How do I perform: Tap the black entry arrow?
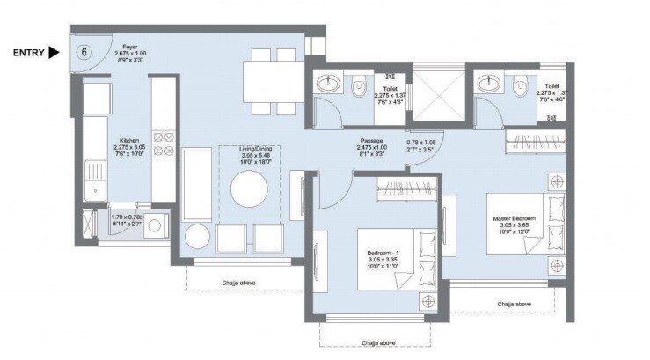[54, 53]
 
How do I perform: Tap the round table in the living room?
[248, 187]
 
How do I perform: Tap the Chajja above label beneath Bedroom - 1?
[376, 342]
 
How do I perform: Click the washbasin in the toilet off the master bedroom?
[486, 85]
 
